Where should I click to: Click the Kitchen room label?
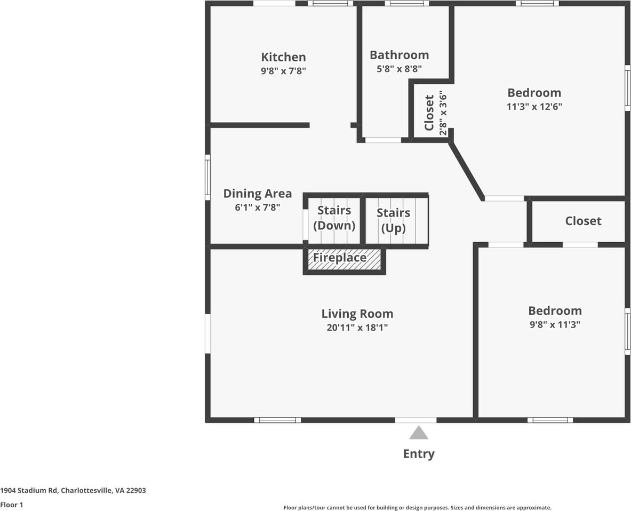pos(283,57)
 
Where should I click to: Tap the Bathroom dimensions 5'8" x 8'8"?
pos(399,68)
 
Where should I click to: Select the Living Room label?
pos(357,314)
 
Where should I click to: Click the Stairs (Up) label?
pos(394,220)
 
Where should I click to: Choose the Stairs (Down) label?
pos(334,218)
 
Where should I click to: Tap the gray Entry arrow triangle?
pos(419,433)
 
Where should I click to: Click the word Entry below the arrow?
pos(419,454)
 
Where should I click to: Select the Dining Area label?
pos(257,194)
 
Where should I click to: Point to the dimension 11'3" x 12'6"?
pos(534,106)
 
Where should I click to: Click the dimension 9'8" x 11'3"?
pos(554,324)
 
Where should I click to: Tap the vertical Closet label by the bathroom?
pos(429,113)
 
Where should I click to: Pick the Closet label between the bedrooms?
pos(583,221)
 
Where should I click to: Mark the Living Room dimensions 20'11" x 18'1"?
pos(357,328)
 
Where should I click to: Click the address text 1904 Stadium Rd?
pos(73,490)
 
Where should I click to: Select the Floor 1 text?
pos(12,505)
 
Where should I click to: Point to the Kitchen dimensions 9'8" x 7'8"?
pos(283,70)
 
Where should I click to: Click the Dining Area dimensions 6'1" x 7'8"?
pos(257,207)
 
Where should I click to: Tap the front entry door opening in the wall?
pos(416,420)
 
